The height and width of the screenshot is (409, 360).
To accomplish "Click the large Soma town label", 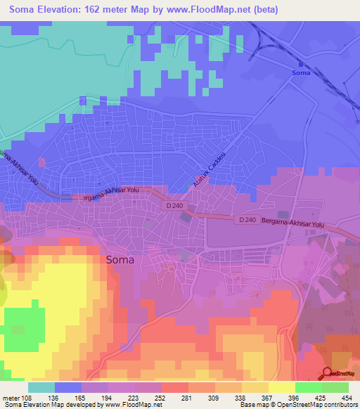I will (x=120, y=259).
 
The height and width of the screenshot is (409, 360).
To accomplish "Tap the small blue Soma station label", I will (x=300, y=73).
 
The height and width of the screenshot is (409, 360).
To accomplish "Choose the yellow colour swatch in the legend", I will (x=281, y=387).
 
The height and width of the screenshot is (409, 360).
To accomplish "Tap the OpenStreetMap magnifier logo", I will (x=328, y=374).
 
